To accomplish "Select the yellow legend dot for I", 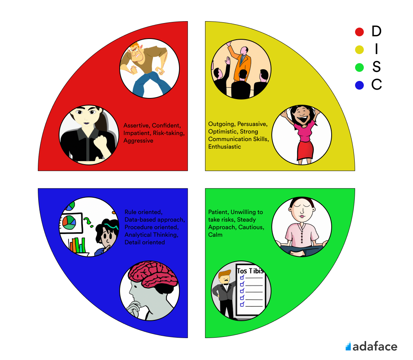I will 359,50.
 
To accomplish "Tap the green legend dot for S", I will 359,68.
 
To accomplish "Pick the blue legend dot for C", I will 359,85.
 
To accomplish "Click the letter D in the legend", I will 376,32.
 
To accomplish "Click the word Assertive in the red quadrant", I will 136,126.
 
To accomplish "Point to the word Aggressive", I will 138,141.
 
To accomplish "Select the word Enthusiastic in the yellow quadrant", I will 224,147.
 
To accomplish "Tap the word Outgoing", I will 221,124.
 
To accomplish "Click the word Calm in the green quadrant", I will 215,235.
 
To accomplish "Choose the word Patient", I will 217,212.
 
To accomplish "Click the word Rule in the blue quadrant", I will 131,212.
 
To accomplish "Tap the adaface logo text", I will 375,346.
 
